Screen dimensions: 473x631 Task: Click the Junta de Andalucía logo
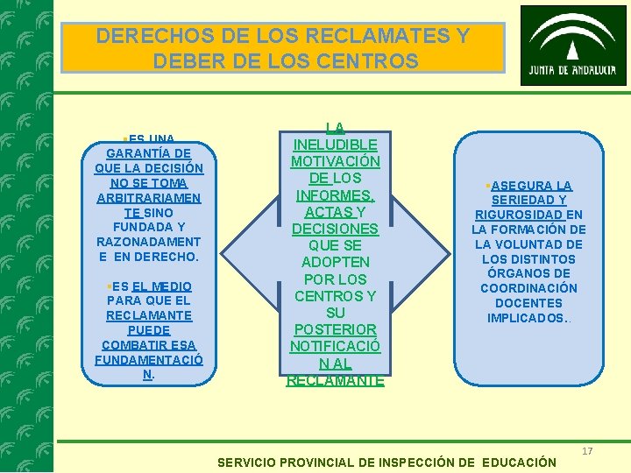point(573,45)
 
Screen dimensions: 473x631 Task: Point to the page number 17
point(587,450)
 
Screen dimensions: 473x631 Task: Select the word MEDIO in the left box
point(163,286)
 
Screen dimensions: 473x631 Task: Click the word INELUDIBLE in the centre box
point(336,145)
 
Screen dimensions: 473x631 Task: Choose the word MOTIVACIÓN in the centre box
point(336,162)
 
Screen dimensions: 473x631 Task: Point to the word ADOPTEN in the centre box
point(336,262)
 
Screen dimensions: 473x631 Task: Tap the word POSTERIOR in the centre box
point(336,329)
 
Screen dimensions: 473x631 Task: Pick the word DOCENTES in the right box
point(528,303)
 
